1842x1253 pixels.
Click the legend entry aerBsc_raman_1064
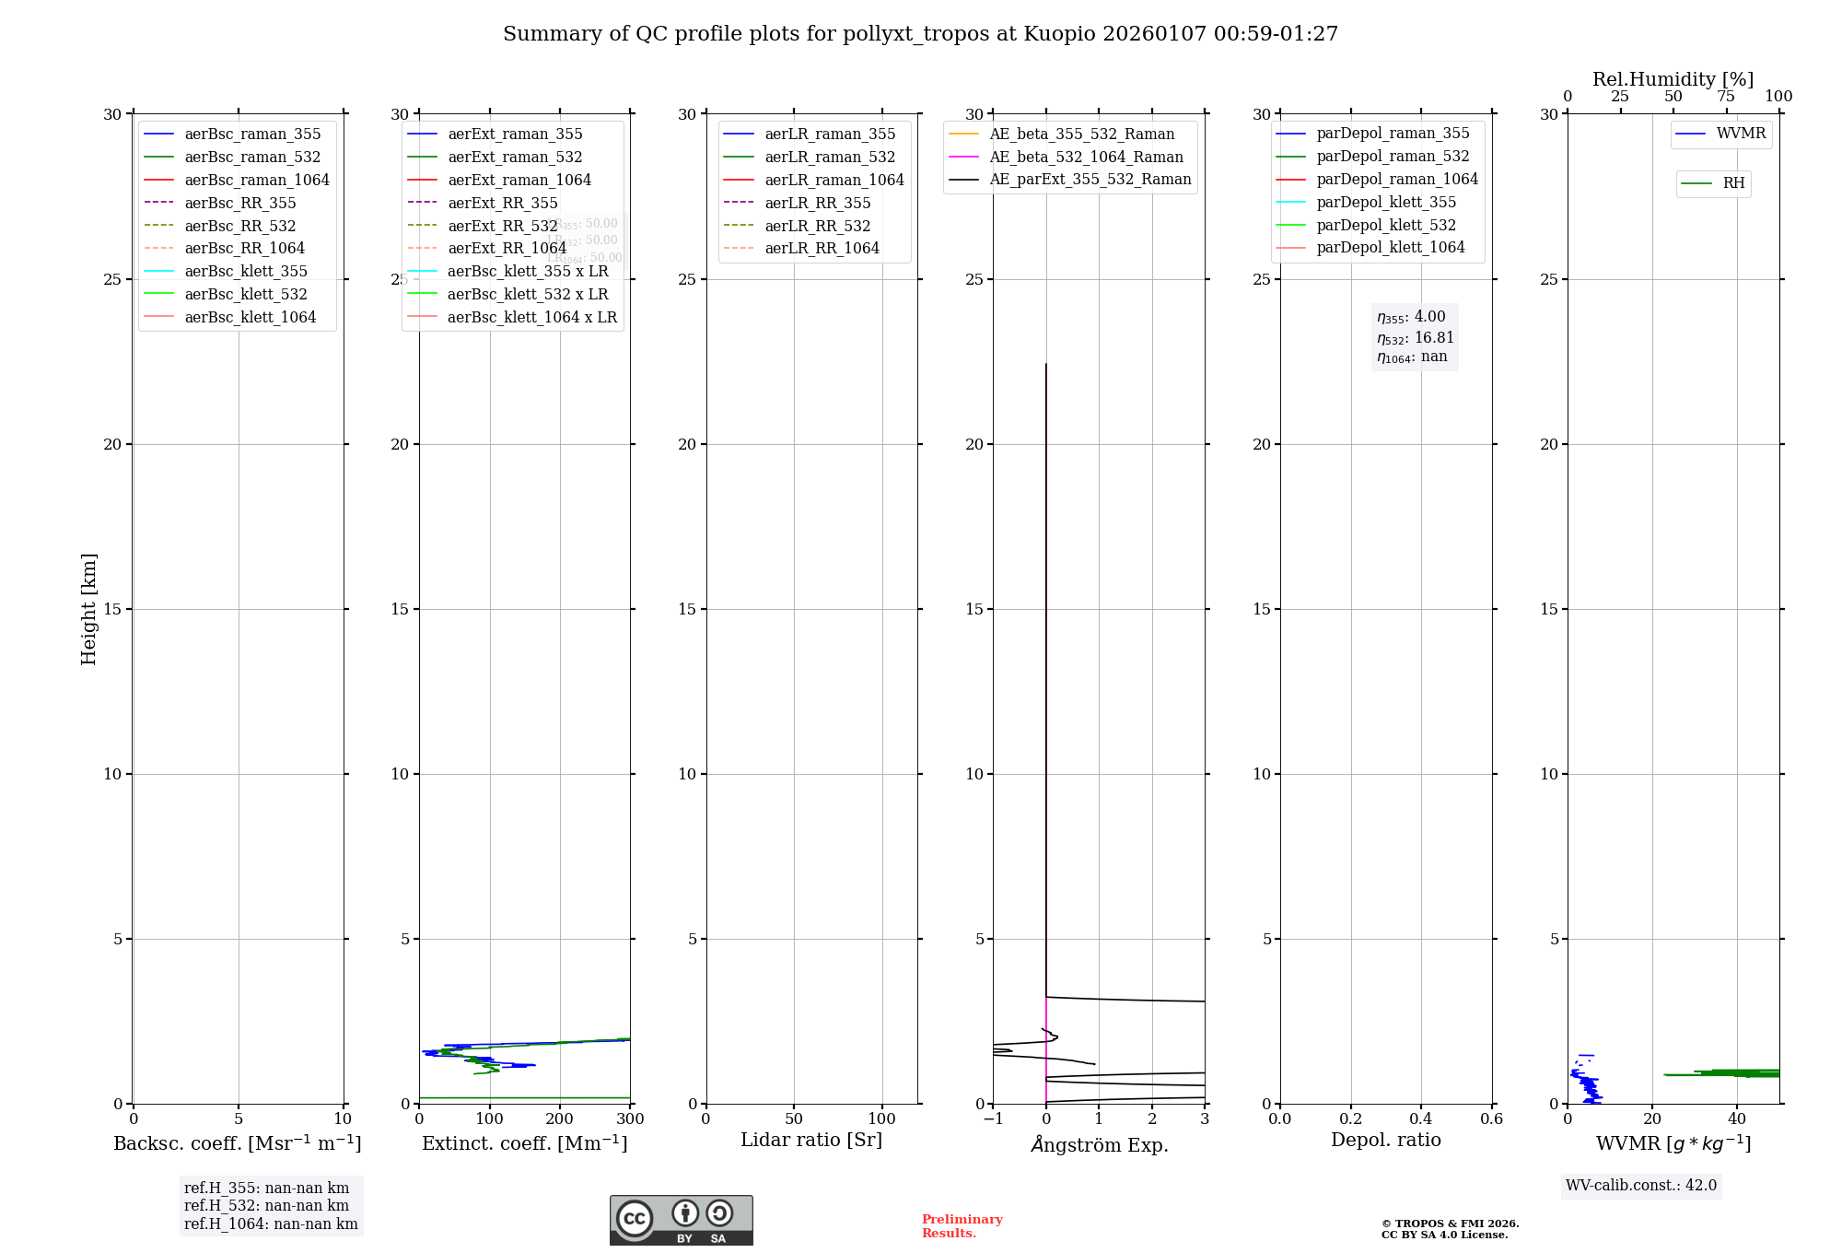[x=256, y=180]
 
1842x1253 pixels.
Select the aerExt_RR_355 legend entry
[x=502, y=203]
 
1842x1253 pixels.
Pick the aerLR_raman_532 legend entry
[x=829, y=157]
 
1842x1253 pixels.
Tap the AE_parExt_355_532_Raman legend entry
[x=1090, y=179]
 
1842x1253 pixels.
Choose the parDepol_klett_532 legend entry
[x=1385, y=225]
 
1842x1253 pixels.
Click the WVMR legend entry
[x=1741, y=134]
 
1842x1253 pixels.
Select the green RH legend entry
[x=1733, y=183]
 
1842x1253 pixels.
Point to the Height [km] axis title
[x=88, y=609]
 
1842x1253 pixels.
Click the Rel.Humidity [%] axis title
[x=1673, y=79]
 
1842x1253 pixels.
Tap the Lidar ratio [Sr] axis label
[x=811, y=1140]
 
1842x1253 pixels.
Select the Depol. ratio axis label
[x=1385, y=1140]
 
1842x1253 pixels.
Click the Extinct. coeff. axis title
[x=524, y=1143]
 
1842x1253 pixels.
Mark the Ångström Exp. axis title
[x=1099, y=1144]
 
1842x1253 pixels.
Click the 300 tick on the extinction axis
[x=630, y=1119]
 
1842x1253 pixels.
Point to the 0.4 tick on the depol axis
[x=1421, y=1119]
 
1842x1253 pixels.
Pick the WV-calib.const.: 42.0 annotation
[x=1641, y=1186]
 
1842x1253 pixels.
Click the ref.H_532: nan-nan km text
[x=266, y=1206]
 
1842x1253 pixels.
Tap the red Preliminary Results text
[x=962, y=1226]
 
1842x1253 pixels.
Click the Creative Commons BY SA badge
[x=681, y=1221]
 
